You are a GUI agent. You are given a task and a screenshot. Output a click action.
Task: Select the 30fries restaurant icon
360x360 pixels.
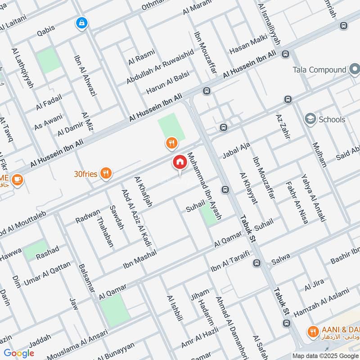click(x=106, y=174)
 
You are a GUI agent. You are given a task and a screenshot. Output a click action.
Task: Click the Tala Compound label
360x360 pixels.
click(x=319, y=70)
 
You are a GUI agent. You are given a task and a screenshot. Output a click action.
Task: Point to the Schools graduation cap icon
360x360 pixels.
click(x=310, y=119)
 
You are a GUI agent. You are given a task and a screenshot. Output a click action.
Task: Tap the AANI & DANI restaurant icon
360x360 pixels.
click(x=312, y=332)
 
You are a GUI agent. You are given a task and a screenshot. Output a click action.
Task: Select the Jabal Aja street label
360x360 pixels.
click(x=236, y=150)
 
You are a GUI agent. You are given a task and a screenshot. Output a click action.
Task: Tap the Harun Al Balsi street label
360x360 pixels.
click(x=167, y=82)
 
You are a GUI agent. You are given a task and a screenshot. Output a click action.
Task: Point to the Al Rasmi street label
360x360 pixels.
click(x=141, y=58)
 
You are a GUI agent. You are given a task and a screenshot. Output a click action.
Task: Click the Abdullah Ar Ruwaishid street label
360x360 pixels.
click(x=160, y=66)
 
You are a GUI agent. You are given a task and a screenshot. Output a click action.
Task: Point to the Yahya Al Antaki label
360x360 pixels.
click(x=313, y=199)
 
